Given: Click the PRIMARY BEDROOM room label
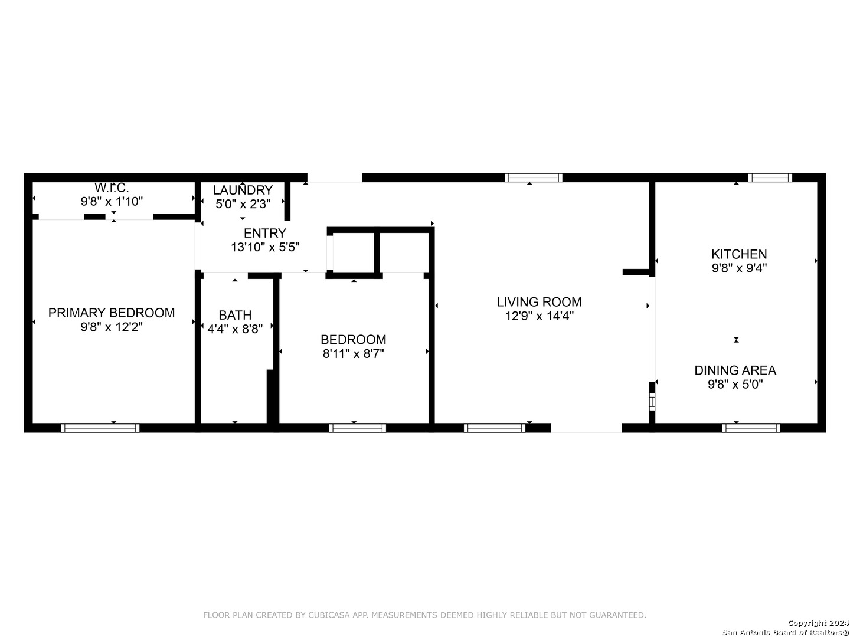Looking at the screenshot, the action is click(x=112, y=313).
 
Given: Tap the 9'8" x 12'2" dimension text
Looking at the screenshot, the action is click(x=112, y=327).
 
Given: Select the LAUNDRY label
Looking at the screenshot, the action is click(x=243, y=190).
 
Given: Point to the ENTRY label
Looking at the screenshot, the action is click(x=265, y=233).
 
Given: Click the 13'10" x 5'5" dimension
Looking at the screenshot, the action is click(x=265, y=247).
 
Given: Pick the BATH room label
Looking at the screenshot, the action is click(x=235, y=315).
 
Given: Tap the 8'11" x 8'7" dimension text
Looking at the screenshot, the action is click(x=353, y=353).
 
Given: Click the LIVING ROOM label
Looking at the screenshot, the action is click(x=539, y=301).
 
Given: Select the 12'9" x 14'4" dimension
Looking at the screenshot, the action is click(x=539, y=316).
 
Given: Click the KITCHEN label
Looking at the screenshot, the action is click(x=739, y=254).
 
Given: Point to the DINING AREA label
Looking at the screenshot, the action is click(x=735, y=370).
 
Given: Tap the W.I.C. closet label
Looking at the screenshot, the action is click(x=112, y=188).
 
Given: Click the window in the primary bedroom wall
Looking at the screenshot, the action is click(x=100, y=428).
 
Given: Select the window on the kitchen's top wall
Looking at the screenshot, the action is click(x=770, y=178).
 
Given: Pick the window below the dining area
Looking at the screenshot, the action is click(x=751, y=428).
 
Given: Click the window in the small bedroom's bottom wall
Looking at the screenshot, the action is click(x=358, y=428).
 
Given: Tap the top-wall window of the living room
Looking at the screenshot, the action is click(x=533, y=178).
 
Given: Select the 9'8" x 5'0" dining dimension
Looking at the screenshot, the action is click(x=735, y=385).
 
